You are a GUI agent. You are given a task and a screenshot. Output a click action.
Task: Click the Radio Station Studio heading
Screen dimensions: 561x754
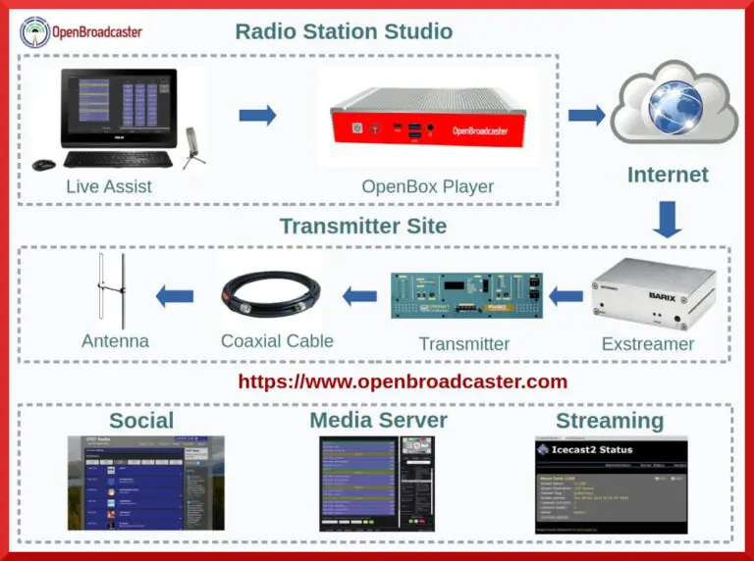(x=344, y=31)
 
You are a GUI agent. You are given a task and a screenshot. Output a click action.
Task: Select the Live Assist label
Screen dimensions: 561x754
(x=109, y=185)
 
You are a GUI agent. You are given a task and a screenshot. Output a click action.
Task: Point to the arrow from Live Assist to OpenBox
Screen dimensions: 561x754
(x=257, y=116)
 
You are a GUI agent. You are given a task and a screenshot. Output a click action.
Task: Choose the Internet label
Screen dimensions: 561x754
(x=668, y=176)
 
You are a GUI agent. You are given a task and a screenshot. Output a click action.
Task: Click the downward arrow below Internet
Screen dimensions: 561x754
(x=668, y=220)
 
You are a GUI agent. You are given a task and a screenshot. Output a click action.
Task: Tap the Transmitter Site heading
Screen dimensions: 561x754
(x=362, y=227)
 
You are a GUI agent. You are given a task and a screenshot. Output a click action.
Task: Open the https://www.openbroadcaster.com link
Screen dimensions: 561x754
(x=403, y=382)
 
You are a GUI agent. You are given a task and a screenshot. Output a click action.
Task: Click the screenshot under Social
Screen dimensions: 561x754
(x=145, y=483)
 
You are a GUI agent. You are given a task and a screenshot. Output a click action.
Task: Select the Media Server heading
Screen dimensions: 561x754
(x=378, y=421)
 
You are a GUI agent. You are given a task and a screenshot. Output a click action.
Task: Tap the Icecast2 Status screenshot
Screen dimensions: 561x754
(x=611, y=484)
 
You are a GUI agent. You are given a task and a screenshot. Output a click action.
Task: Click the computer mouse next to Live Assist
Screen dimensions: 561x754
(x=44, y=165)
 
